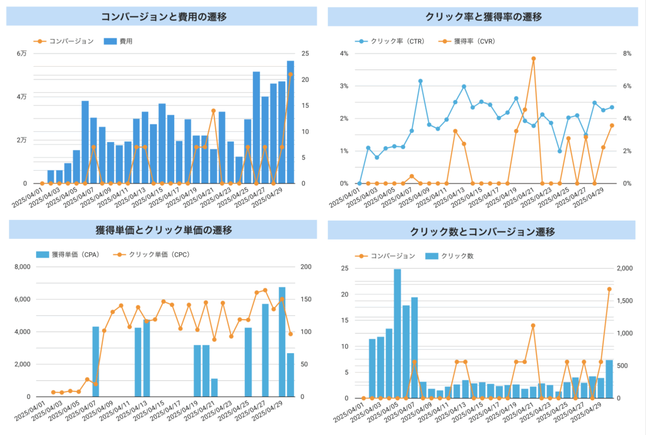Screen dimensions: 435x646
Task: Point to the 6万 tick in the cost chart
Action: coord(22,54)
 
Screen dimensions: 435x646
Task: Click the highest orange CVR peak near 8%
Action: coord(533,59)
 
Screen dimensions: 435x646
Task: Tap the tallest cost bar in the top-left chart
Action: coord(290,122)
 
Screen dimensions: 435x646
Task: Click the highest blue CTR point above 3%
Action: coord(420,81)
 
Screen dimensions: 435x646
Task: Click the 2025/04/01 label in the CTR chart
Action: coord(344,197)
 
